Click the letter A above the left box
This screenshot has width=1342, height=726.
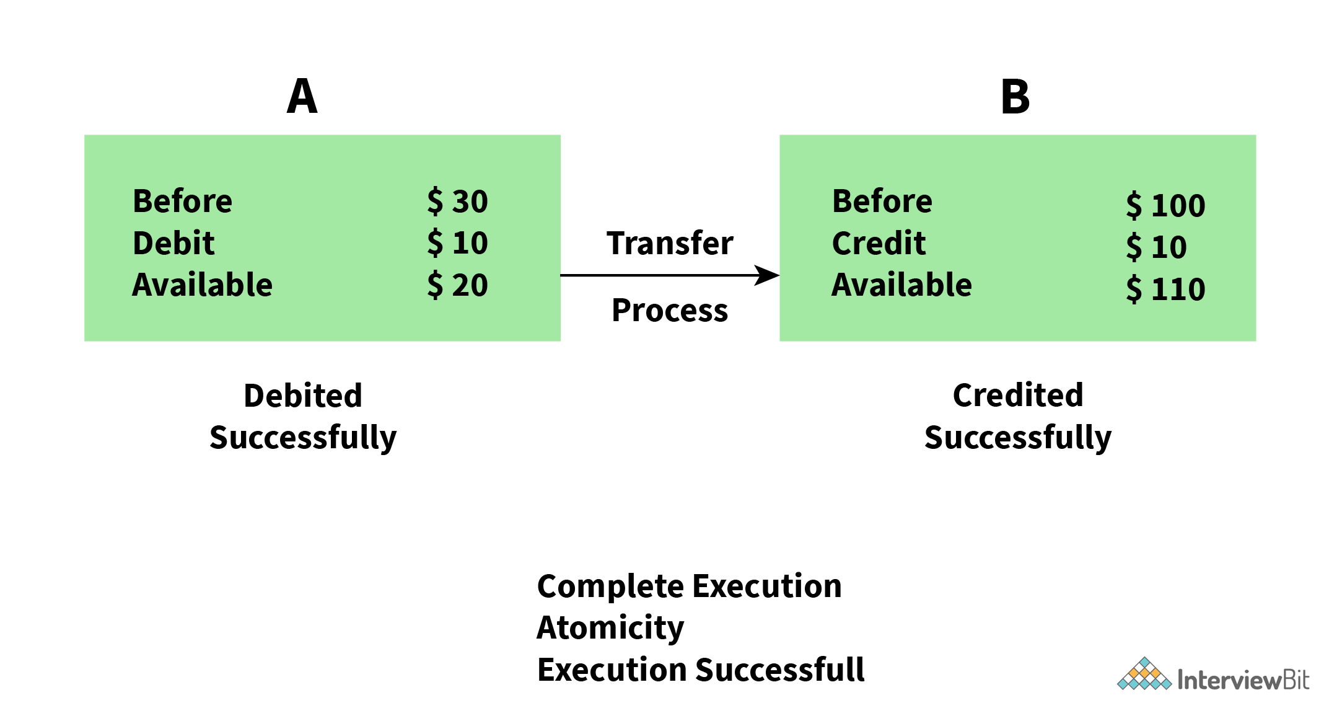[x=302, y=97]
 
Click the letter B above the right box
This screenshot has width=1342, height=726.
[x=1015, y=97]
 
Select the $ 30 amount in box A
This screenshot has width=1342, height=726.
[x=457, y=201]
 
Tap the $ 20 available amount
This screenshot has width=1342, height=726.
[x=457, y=285]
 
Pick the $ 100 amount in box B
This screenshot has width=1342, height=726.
[x=1165, y=205]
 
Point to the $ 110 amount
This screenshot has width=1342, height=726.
[x=1165, y=289]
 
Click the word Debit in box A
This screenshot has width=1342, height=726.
[x=173, y=243]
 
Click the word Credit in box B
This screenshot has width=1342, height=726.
[x=879, y=243]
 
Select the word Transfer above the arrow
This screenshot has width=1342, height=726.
[x=670, y=243]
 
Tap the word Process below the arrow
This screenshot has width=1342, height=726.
[x=670, y=310]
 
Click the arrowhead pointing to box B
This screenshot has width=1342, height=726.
[x=768, y=275]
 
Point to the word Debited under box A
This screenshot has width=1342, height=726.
[x=303, y=396]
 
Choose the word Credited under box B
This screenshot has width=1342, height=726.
[x=1018, y=396]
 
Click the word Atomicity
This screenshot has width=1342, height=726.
[x=610, y=627]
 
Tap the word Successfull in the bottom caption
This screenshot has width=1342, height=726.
[x=779, y=670]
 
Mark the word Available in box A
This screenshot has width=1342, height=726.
[x=202, y=285]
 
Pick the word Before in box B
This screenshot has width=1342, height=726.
[x=882, y=201]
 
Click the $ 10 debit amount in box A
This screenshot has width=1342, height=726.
[x=457, y=243]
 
